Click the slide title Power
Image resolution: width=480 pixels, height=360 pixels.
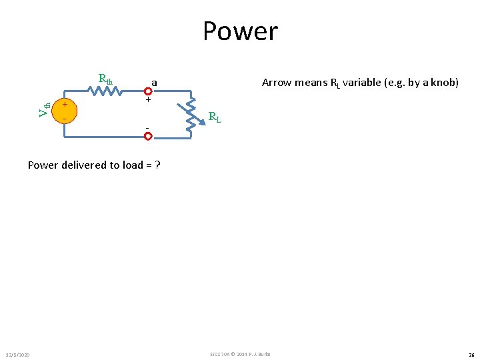coord(240,31)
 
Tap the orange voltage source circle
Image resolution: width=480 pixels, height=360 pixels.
coord(64,111)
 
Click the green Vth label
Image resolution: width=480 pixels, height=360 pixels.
coord(44,109)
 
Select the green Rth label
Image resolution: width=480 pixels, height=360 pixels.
coord(106,79)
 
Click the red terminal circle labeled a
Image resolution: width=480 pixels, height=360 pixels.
coord(148,91)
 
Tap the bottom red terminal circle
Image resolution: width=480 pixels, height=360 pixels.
coord(148,136)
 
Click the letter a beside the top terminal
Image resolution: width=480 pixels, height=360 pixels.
coord(154,82)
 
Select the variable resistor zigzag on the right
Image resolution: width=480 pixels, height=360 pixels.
coord(191,113)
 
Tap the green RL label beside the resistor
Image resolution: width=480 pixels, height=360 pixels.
coord(215,118)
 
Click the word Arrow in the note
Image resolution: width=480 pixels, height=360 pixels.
coord(276,82)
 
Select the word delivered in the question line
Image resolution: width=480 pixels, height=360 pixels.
coord(89,165)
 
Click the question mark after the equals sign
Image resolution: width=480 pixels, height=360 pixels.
coord(157,165)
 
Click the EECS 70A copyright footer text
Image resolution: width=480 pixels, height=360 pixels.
coord(239,354)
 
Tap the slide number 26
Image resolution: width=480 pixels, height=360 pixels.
coord(471,354)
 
